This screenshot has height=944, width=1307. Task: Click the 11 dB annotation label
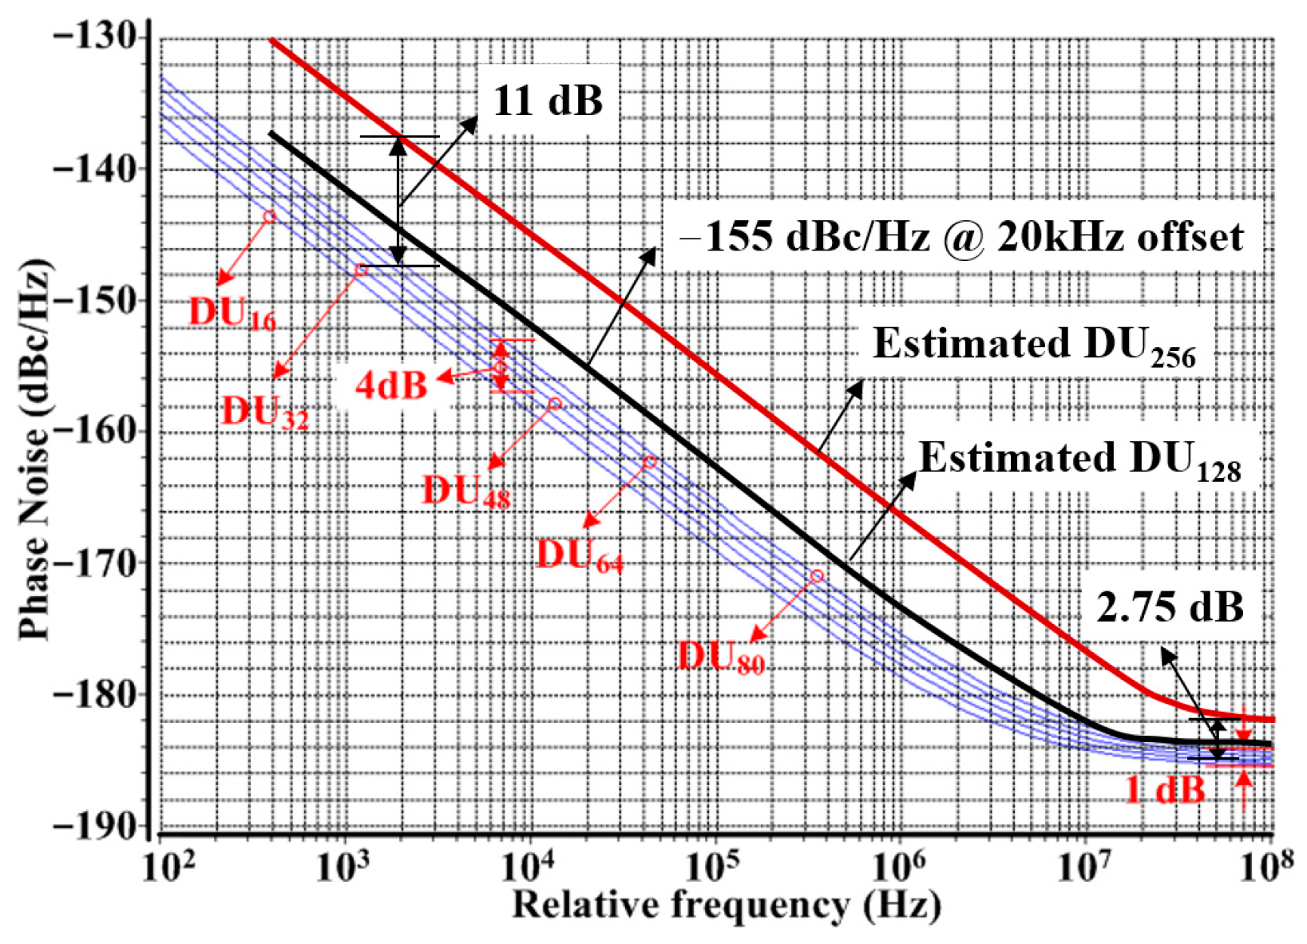coord(548,101)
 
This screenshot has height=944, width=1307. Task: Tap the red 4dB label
coord(391,385)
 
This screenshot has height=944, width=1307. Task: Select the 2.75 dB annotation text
coord(1170,608)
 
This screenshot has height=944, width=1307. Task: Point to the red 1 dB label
coord(1165,790)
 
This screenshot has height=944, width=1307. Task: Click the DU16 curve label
coord(232,314)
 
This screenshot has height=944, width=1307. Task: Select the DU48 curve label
coord(465,491)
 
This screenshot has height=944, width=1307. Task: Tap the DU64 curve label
coord(579,555)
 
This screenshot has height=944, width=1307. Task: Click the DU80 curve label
coord(720,658)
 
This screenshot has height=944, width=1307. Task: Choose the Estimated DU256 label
coord(1034,346)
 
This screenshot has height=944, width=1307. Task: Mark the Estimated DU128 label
coord(1080,461)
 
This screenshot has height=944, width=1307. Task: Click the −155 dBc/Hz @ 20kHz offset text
coord(961,238)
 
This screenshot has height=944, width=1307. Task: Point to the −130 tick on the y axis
coord(94,38)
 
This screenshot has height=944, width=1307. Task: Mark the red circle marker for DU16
coord(270,217)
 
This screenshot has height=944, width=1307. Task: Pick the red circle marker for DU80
coord(817,576)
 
